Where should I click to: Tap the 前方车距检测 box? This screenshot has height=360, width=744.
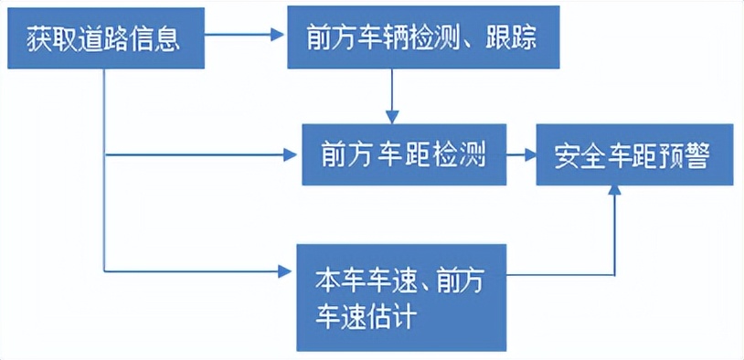pyautogui.click(x=402, y=156)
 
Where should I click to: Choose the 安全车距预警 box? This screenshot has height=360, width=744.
pyautogui.click(x=633, y=156)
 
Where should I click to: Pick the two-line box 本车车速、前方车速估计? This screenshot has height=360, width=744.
pyautogui.click(x=402, y=297)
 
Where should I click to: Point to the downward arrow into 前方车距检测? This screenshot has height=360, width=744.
pyautogui.click(x=391, y=96)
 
